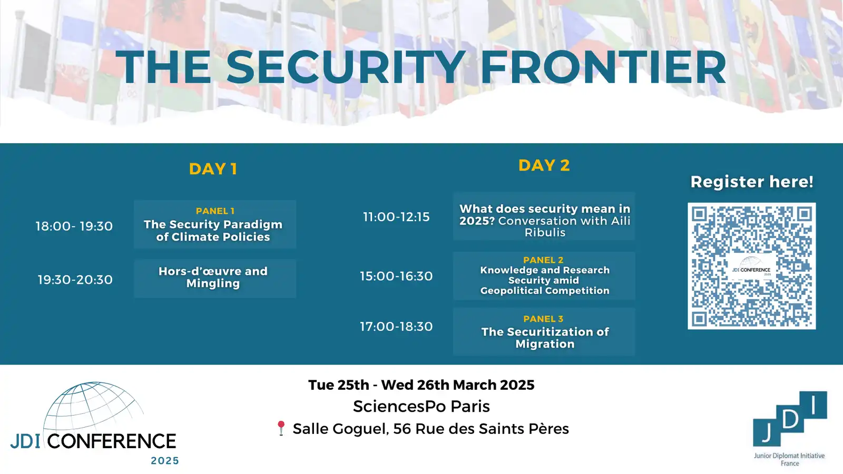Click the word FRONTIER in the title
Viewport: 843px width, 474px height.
pyautogui.click(x=603, y=67)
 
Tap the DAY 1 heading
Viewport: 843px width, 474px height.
pyautogui.click(x=213, y=169)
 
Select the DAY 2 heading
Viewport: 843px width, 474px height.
pyautogui.click(x=544, y=165)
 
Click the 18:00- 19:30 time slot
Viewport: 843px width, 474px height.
pyautogui.click(x=74, y=226)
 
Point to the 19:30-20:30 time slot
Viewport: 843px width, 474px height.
pyautogui.click(x=75, y=280)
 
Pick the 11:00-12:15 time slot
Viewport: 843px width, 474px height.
pyautogui.click(x=396, y=216)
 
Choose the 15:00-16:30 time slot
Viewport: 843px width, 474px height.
pyautogui.click(x=396, y=276)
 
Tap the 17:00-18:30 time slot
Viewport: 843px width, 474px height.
pyautogui.click(x=396, y=326)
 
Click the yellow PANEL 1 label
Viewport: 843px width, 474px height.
pyautogui.click(x=215, y=211)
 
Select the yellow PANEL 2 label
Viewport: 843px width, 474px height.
pyautogui.click(x=543, y=260)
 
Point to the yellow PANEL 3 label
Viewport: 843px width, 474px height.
pyautogui.click(x=543, y=319)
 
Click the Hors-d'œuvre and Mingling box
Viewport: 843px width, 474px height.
pyautogui.click(x=215, y=279)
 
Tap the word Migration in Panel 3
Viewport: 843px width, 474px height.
pyautogui.click(x=545, y=344)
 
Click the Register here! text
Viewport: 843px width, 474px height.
pyautogui.click(x=751, y=182)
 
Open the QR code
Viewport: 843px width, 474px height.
pyautogui.click(x=751, y=266)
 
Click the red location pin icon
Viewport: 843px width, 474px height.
pyautogui.click(x=281, y=428)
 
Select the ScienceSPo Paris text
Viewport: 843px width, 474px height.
pyautogui.click(x=421, y=406)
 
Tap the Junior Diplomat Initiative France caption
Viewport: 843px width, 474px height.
pyautogui.click(x=789, y=459)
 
